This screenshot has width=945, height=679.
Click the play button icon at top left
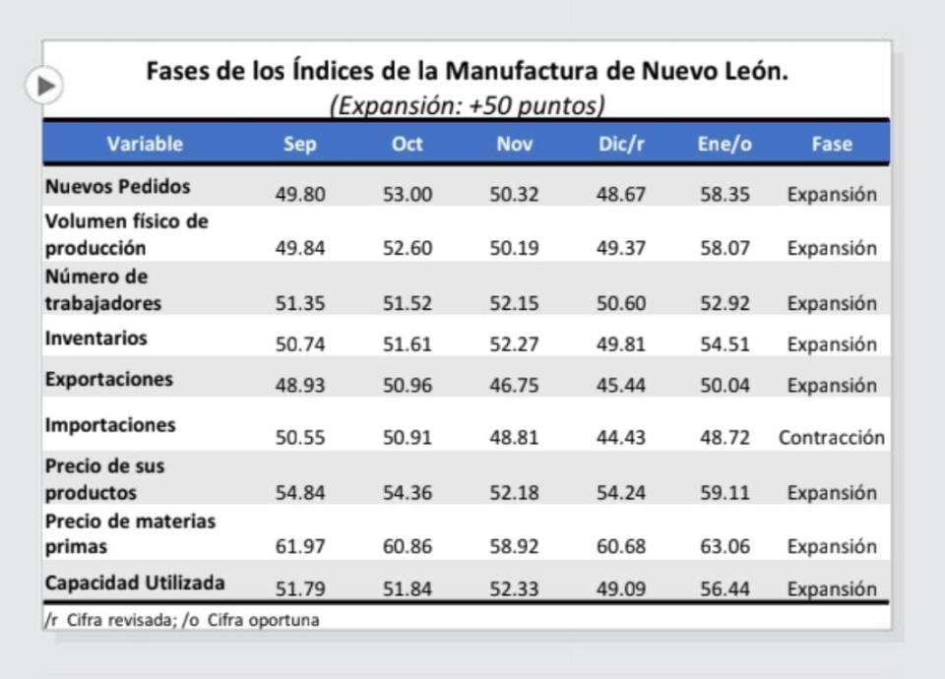click(x=44, y=86)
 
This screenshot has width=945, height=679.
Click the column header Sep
click(x=299, y=144)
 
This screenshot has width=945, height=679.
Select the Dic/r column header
click(x=620, y=144)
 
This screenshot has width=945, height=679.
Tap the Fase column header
click(x=831, y=144)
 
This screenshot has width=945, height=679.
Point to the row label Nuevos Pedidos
click(x=118, y=186)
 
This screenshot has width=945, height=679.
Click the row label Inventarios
click(x=96, y=338)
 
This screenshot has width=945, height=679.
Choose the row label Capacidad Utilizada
click(x=135, y=583)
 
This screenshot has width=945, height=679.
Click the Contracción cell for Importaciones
click(x=831, y=438)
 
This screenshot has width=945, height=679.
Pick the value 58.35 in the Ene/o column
click(x=724, y=195)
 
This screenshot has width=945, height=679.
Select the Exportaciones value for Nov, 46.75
click(x=514, y=385)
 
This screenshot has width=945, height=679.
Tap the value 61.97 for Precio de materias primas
click(x=300, y=546)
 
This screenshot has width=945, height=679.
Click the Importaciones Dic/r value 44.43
click(x=620, y=438)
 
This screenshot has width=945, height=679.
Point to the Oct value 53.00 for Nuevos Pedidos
click(x=408, y=195)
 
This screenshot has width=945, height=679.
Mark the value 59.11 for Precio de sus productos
click(x=724, y=492)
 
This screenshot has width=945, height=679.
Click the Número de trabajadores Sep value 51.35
click(x=300, y=304)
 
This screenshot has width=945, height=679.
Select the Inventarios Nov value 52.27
click(x=514, y=344)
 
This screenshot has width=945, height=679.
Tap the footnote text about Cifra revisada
click(x=182, y=620)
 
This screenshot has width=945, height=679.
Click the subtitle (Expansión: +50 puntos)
click(x=467, y=104)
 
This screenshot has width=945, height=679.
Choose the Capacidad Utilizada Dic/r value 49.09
click(x=620, y=589)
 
